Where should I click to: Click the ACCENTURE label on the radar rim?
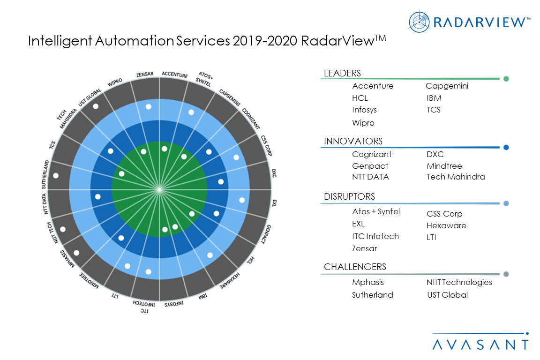point(174,74)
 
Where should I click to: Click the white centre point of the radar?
point(159,189)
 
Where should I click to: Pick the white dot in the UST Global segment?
point(96,106)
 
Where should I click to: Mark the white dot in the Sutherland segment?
point(56,176)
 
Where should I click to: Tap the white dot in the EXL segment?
point(242,200)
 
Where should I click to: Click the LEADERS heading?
point(342,73)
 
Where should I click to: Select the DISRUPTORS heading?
point(349,196)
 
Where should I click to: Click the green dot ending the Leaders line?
point(506,79)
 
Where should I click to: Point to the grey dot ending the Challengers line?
point(506,274)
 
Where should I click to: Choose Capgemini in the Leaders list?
point(447,86)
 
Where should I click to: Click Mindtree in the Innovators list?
point(444,166)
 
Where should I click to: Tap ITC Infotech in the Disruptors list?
point(375,236)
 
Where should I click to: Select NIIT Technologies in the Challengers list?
point(459,282)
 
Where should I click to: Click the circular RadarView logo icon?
point(419,22)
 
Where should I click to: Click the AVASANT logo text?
point(480,345)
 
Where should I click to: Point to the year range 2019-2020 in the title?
point(264,41)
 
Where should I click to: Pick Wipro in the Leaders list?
point(363,123)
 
